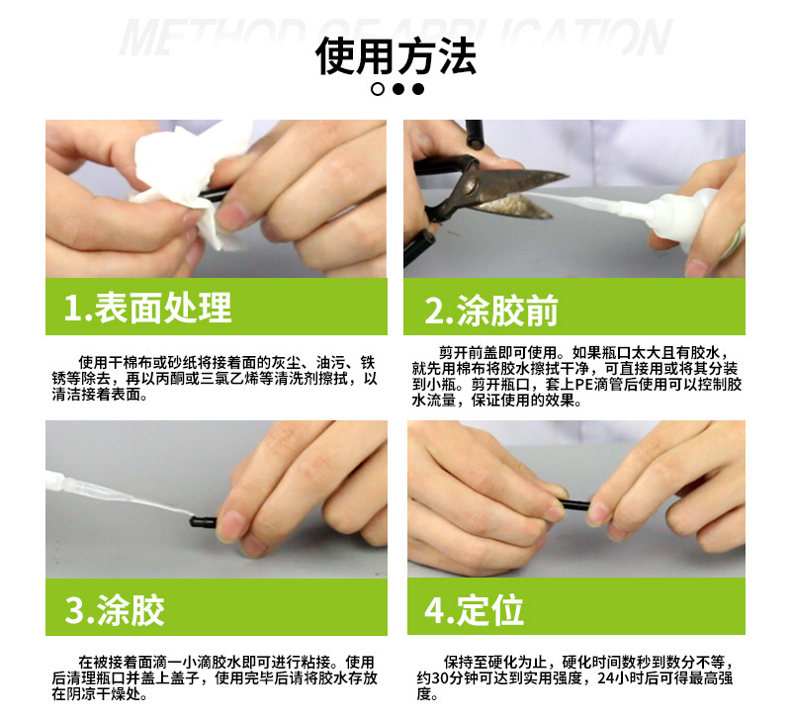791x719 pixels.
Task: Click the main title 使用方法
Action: point(395,55)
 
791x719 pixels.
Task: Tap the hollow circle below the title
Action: point(377,89)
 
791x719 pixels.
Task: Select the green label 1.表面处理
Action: point(147,308)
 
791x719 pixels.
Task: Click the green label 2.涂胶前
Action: point(491,310)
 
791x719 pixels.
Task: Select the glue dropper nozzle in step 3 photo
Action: point(119,494)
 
